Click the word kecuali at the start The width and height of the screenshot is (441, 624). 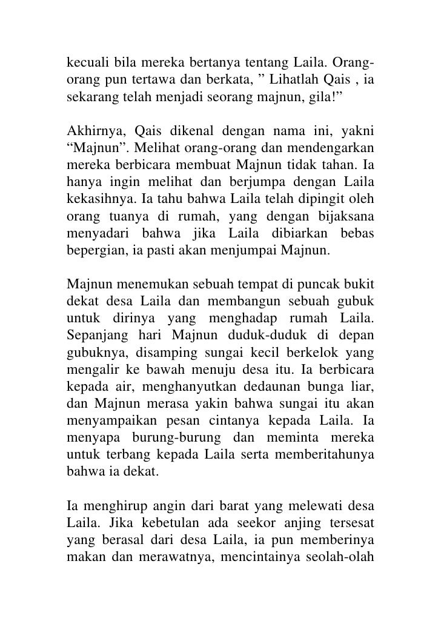[x=85, y=63]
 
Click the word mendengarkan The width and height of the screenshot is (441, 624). [x=337, y=147]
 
